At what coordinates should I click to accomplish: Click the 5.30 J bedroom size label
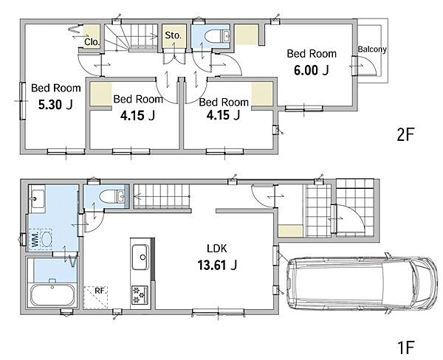[55, 105]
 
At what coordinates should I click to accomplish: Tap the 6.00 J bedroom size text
[311, 70]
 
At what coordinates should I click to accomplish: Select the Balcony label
[372, 49]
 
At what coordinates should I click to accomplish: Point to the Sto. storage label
[174, 35]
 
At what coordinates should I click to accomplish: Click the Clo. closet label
[92, 42]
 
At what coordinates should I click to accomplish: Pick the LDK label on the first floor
[217, 249]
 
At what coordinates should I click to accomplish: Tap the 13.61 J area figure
[217, 266]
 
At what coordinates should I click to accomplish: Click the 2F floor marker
[405, 134]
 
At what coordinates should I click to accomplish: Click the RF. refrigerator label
[100, 291]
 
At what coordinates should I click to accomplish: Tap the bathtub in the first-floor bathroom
[52, 295]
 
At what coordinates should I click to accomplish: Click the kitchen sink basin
[140, 257]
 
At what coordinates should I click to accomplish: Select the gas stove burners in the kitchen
[140, 294]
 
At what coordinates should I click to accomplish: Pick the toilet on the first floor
[112, 196]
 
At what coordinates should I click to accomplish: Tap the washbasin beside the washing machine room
[37, 198]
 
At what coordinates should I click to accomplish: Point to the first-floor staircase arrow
[162, 196]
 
